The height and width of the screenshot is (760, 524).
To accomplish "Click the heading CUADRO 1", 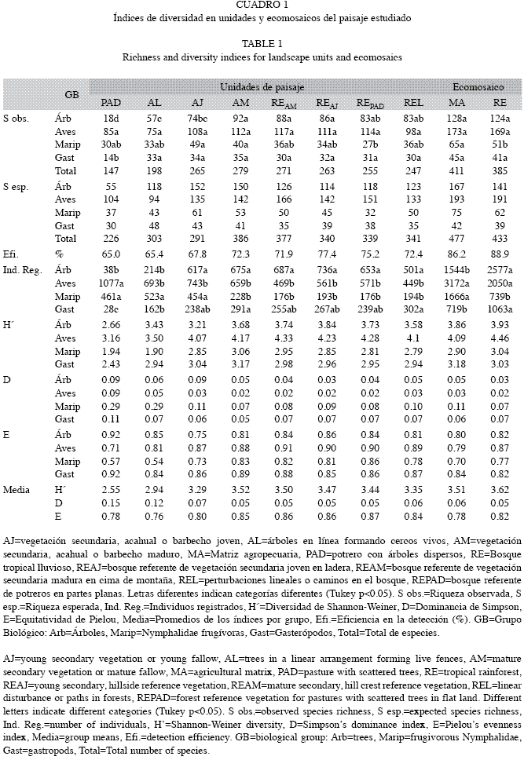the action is pos(262,5).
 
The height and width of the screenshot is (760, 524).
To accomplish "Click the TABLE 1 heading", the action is pos(262,44).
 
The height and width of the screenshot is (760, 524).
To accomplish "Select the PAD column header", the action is pos(111,103).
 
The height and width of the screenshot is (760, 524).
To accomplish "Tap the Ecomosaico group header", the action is pos(478,87).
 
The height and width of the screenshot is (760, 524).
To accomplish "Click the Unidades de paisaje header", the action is pos(262,87).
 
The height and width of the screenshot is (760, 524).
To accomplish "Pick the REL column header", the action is pos(413,103).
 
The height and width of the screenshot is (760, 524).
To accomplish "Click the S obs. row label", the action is pos(16,119).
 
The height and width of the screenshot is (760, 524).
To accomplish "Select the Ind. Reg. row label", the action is pos(22,270).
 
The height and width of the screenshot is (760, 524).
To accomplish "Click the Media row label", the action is pos(16,490).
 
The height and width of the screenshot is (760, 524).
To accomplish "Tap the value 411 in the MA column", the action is pos(456,170).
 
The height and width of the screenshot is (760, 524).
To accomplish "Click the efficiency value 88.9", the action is pos(500,254).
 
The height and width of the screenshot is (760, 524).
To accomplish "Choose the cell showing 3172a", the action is pos(456,283).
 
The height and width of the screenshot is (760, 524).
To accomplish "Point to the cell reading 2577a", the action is pos(500,270).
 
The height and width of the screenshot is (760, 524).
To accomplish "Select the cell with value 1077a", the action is pos(111,283).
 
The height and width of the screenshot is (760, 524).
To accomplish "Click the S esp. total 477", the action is pos(456,239).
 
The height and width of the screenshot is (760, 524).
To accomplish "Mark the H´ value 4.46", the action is pos(500,338).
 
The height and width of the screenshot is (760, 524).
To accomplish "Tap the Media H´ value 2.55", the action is pos(111,490).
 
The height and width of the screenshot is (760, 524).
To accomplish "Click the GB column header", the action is pos(71,95).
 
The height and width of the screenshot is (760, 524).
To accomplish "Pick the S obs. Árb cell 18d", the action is pos(111,119).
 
